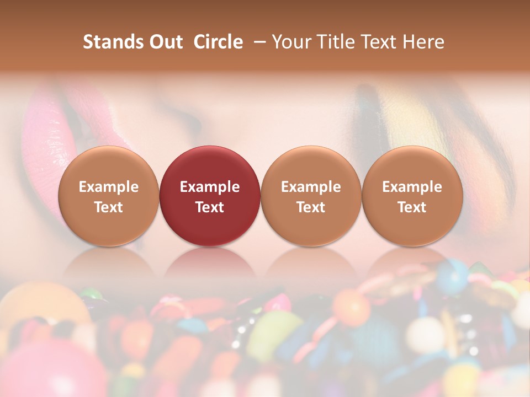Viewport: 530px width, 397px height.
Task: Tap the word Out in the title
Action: pos(165,42)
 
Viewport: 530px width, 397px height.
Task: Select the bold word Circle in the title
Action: pos(218,42)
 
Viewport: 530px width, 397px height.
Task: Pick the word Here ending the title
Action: pos(424,42)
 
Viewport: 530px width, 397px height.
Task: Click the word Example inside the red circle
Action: pos(210,187)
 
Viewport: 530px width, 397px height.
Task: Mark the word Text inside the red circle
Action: pos(210,207)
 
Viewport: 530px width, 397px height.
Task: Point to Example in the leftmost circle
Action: pos(109,187)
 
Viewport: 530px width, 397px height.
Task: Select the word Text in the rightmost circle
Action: pos(412,207)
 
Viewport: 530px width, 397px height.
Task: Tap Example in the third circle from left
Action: pos(311,187)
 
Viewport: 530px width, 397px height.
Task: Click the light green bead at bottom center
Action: pos(274,334)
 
